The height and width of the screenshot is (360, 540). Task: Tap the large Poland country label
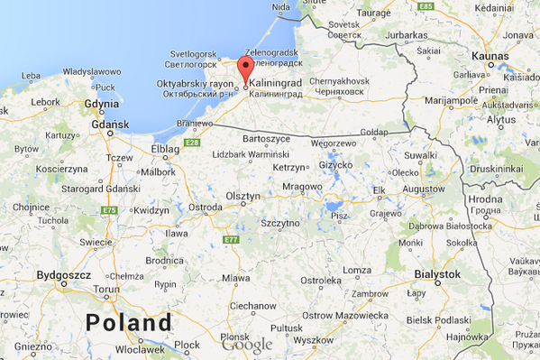tap(128, 323)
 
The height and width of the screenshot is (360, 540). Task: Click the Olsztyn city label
tap(243, 196)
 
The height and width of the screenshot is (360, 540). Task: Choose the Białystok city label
tap(436, 273)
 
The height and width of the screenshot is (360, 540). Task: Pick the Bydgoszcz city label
tap(64, 273)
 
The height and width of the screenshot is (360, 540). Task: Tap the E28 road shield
tap(191, 143)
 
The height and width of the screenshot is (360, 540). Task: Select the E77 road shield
tap(232, 239)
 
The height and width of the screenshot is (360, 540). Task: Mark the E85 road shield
tap(426, 6)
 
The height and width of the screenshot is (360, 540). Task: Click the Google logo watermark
tap(247, 345)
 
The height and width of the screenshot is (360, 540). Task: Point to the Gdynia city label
tap(101, 103)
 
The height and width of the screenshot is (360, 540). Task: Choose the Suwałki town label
tap(419, 154)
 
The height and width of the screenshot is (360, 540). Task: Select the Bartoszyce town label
tap(266, 140)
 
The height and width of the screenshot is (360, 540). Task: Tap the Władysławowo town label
tap(92, 70)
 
